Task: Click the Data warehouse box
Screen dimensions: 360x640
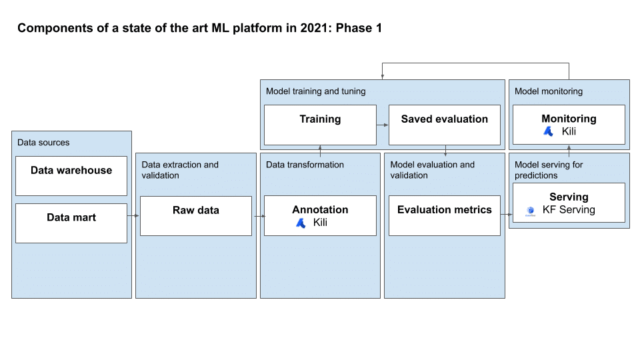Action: pos(71,176)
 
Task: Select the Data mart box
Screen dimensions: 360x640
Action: pos(71,223)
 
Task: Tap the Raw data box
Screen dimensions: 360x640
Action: pos(196,215)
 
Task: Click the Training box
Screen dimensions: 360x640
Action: pos(320,125)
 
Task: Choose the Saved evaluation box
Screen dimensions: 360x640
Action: pos(444,125)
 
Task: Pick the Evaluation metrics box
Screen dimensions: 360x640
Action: pos(444,215)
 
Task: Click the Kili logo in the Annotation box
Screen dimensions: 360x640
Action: pos(301,223)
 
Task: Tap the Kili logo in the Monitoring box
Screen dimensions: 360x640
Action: pos(548,132)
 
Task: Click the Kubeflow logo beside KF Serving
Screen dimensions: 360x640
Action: pos(530,211)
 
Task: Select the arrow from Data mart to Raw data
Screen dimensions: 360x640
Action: pos(133,215)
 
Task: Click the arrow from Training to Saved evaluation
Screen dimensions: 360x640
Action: pos(383,125)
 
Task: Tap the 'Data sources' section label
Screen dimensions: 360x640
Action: pos(43,143)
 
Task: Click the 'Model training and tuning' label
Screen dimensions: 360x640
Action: pos(315,91)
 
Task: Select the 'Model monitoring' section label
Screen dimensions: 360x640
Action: pos(548,91)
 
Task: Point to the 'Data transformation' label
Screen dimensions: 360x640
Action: pos(305,165)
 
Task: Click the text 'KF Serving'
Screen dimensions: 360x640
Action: pos(569,210)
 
